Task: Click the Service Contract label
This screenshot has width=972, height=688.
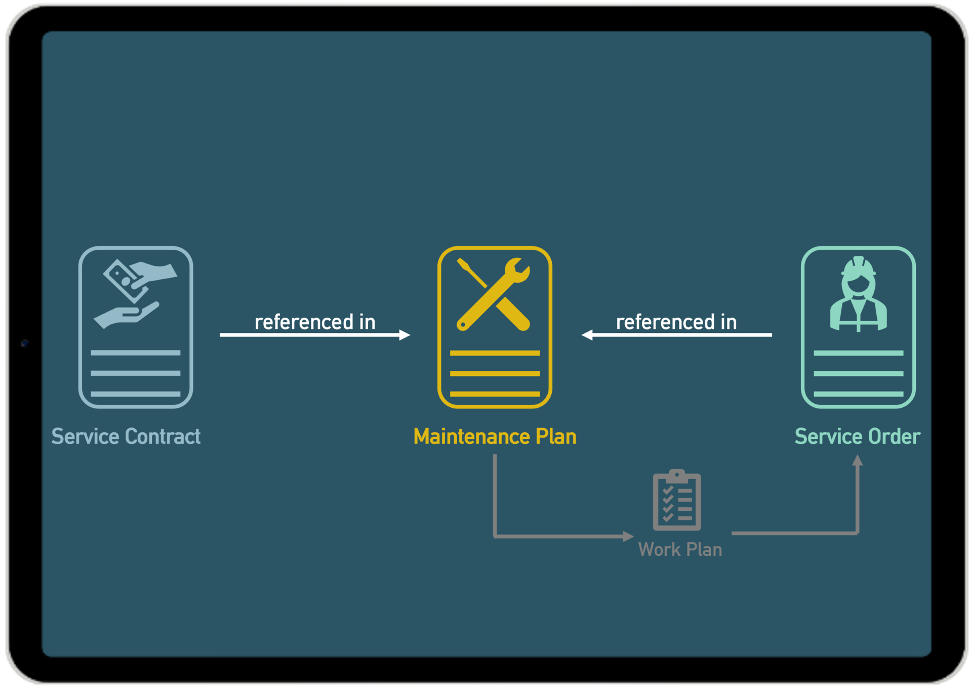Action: pos(126,437)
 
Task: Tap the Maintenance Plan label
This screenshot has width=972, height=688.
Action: pos(495,437)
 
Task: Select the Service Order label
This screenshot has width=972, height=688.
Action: pos(857,437)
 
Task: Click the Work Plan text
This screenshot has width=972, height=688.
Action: pos(680,550)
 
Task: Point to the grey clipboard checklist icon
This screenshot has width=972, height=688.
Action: pos(677,500)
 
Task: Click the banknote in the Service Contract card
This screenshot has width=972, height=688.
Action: pos(121,279)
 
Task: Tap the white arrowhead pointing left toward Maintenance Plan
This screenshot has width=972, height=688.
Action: pos(587,335)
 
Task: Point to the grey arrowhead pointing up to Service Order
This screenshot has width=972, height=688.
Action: pos(857,461)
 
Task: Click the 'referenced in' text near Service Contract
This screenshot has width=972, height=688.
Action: pos(315,322)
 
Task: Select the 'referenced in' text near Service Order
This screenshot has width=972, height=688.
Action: pos(676,322)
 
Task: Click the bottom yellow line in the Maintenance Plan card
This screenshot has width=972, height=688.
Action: pos(495,394)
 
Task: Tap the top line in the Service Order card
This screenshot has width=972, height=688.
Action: pos(858,353)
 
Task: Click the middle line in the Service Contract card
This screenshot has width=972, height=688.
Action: pos(135,373)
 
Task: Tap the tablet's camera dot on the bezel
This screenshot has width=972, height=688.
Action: pos(24,343)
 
